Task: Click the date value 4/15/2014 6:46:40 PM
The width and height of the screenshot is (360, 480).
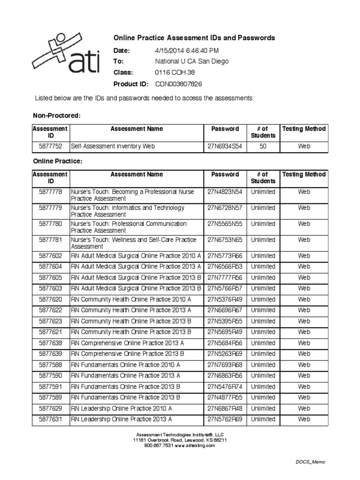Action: pos(187,51)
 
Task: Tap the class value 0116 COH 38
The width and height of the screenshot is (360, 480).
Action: pos(174,73)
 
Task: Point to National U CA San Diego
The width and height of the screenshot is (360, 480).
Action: pos(192,61)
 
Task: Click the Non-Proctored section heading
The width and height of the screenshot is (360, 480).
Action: pos(57,115)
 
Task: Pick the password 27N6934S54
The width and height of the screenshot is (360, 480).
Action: pos(225,146)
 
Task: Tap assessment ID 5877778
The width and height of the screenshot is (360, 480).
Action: pos(51,192)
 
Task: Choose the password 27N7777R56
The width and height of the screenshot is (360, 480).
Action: pos(225,277)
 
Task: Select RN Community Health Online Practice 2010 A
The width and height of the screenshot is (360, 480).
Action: pos(131,300)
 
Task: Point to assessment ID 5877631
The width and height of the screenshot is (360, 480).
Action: pos(51,420)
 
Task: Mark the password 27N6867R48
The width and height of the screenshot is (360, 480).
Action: pos(225,408)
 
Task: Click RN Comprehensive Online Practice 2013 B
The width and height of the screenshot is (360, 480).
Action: pos(127,354)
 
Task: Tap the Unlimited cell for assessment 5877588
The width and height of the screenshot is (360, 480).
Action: pos(263,365)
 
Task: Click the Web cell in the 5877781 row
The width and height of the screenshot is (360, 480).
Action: pos(304,240)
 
